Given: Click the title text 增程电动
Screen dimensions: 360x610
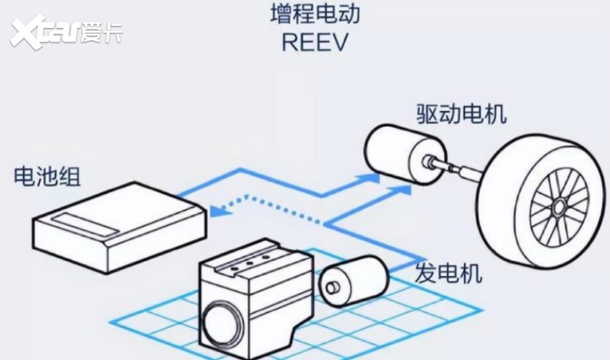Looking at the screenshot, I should (315, 14).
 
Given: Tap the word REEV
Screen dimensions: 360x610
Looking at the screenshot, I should (314, 42).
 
